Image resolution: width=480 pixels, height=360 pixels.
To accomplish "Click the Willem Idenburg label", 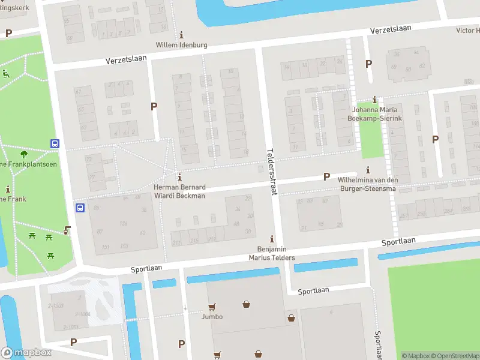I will [181, 45].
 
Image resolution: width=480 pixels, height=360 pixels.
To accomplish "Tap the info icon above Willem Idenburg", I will [182, 34].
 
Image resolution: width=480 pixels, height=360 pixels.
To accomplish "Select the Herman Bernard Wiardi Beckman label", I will [180, 191].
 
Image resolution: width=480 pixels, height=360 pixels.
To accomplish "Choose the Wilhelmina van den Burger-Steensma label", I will [367, 184].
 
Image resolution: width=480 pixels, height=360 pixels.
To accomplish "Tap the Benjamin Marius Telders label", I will [272, 253].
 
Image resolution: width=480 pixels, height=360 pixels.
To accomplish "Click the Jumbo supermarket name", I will [212, 317].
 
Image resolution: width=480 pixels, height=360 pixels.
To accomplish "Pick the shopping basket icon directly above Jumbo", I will [246, 304].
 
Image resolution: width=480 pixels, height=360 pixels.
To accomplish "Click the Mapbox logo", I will [26, 353].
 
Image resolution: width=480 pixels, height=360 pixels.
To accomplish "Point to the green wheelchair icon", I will [7, 74].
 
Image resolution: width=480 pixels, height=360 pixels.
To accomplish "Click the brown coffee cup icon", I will [67, 229].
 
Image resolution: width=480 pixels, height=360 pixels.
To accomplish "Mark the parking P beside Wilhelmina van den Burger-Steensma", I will [327, 177].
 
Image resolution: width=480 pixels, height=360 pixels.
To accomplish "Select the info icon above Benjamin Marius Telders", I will [272, 239].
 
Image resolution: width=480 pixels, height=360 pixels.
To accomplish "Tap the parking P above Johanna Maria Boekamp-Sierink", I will [368, 64].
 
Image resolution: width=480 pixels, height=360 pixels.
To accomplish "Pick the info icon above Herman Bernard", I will [180, 177].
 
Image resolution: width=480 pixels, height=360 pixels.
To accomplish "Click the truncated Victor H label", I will [468, 30].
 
